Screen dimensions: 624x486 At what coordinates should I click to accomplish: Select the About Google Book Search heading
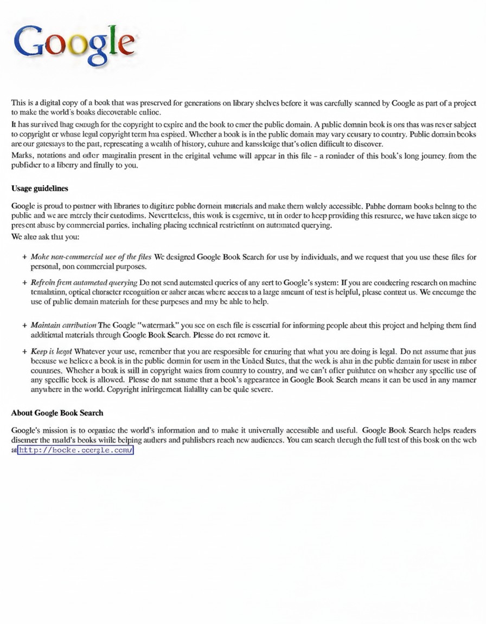click(57, 413)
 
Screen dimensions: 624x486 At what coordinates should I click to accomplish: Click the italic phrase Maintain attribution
click(63, 325)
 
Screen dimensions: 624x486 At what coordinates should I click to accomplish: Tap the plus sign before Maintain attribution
click(25, 325)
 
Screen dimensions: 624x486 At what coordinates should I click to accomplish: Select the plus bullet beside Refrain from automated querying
click(25, 283)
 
